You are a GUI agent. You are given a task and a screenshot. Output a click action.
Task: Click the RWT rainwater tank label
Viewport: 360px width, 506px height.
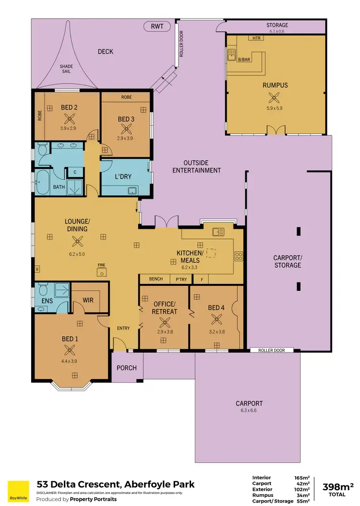pyautogui.click(x=157, y=27)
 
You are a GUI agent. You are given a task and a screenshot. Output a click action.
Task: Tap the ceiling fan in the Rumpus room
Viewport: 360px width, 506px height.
pyautogui.click(x=275, y=98)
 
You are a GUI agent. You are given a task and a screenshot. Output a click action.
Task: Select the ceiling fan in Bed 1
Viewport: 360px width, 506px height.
pyautogui.click(x=70, y=350)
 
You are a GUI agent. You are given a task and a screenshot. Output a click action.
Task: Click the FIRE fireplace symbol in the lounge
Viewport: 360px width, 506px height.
pyautogui.click(x=101, y=272)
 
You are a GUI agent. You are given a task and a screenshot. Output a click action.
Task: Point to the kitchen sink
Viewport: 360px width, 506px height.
pyautogui.click(x=218, y=232)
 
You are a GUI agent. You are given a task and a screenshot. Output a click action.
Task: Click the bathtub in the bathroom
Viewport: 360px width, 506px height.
pyautogui.click(x=42, y=182)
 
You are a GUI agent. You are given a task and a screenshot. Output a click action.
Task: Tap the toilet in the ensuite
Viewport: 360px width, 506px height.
pyautogui.click(x=42, y=290)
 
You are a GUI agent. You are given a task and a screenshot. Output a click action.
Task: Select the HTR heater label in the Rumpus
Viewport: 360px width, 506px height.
pyautogui.click(x=254, y=37)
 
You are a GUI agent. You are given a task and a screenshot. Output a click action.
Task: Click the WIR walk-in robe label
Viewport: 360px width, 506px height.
pyautogui.click(x=88, y=301)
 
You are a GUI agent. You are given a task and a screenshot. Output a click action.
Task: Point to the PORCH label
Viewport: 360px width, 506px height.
pyautogui.click(x=127, y=368)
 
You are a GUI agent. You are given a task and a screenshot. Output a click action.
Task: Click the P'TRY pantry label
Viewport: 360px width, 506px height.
pyautogui.click(x=180, y=279)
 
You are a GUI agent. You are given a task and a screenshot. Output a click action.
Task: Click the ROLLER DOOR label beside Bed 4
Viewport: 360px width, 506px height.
pyautogui.click(x=272, y=350)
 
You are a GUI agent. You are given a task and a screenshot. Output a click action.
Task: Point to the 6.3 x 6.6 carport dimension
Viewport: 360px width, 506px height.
pyautogui.click(x=249, y=410)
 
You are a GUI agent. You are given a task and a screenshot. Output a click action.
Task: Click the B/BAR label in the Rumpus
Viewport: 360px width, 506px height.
pyautogui.click(x=244, y=60)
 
